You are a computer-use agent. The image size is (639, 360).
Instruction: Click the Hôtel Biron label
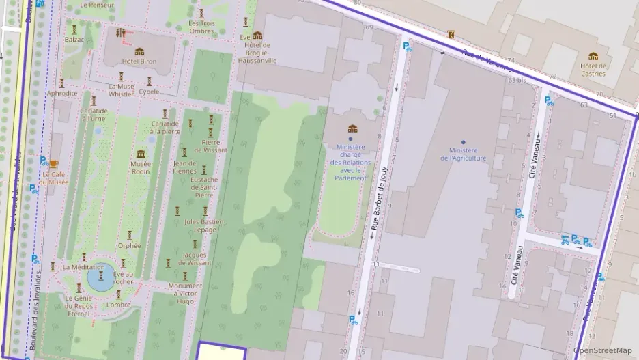tap(139, 61)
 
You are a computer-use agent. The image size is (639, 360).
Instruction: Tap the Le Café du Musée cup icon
tap(54, 164)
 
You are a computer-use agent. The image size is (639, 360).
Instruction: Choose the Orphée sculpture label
tap(129, 245)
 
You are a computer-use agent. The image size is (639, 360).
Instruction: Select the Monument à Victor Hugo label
tap(185, 293)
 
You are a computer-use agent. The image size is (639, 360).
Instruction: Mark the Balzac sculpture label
tap(74, 40)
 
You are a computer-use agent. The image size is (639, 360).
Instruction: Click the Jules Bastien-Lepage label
tap(203, 225)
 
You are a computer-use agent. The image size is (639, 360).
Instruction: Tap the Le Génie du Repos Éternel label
tap(79, 305)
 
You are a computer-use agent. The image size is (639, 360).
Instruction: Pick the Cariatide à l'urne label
tap(94, 115)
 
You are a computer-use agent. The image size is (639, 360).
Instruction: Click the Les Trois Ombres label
tap(201, 27)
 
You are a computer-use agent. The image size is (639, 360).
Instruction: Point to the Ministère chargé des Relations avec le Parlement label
tap(352, 162)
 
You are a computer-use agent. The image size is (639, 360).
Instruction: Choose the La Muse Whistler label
tap(121, 90)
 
